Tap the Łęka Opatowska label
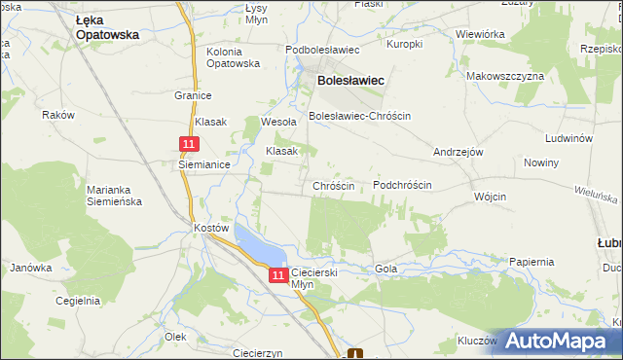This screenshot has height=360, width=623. [x=107, y=26]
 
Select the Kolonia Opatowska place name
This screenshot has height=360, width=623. [x=234, y=56]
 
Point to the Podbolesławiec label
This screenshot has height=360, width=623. [x=322, y=50]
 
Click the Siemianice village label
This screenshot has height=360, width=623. [x=203, y=165]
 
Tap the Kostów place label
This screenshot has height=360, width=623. [x=211, y=227]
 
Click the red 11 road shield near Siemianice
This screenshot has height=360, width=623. [x=190, y=143]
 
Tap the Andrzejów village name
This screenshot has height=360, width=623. [x=458, y=153]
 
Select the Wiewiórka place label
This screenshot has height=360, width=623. [x=479, y=34]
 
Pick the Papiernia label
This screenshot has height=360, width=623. [x=531, y=262]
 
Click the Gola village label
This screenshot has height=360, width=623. [x=386, y=268]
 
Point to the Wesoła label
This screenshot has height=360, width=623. [x=277, y=123]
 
